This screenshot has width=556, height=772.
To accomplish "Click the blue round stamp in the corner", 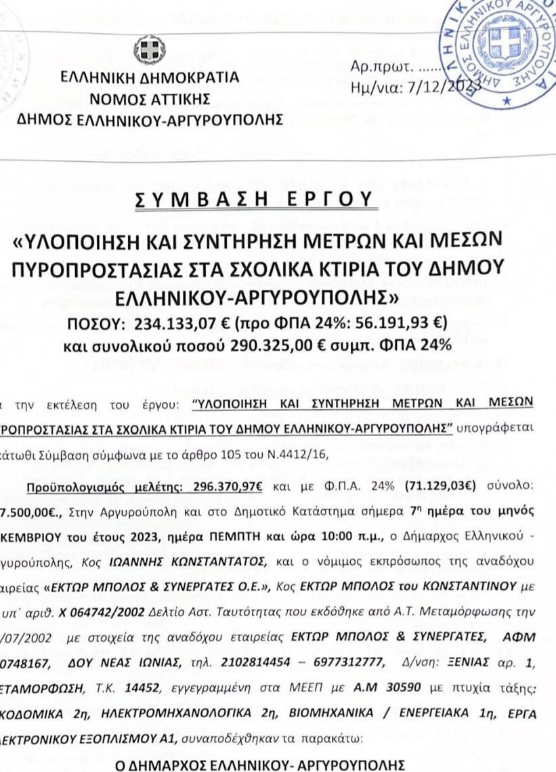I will click(500, 51).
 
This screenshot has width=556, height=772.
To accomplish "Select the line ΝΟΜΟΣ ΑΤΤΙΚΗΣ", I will click(149, 100).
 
